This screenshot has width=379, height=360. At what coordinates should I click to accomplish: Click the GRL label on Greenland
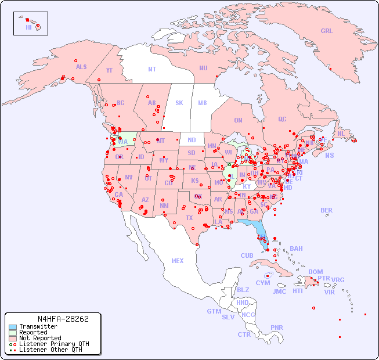click(327, 31)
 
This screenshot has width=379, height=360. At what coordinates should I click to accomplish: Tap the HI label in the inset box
click(28, 27)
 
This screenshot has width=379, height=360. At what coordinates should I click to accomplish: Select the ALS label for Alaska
click(81, 67)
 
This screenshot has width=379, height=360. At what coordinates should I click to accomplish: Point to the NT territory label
click(152, 69)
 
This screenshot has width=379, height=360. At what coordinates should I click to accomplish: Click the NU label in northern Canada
click(203, 68)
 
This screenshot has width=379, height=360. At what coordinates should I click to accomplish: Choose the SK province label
click(179, 103)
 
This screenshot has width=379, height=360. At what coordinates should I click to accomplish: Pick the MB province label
click(202, 103)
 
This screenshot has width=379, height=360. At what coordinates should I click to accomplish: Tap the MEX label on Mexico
click(178, 261)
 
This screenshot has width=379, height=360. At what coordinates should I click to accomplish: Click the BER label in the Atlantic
click(327, 210)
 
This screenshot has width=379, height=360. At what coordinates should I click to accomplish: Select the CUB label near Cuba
click(247, 255)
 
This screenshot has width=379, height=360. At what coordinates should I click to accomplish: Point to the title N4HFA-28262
click(63, 319)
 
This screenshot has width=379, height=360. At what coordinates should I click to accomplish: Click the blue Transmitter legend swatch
click(12, 327)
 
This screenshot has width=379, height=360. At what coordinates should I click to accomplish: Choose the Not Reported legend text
click(40, 338)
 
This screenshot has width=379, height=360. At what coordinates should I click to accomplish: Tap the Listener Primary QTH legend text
click(54, 344)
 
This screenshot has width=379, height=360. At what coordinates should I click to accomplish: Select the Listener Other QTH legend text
click(50, 350)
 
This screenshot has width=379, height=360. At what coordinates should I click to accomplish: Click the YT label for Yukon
click(109, 70)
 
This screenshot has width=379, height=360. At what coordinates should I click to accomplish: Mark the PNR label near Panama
click(277, 327)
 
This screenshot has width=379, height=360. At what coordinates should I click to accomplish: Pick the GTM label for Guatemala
click(214, 311)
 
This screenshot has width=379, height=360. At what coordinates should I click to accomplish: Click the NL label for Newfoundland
click(341, 133)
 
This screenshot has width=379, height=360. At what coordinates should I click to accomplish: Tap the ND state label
click(192, 140)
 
